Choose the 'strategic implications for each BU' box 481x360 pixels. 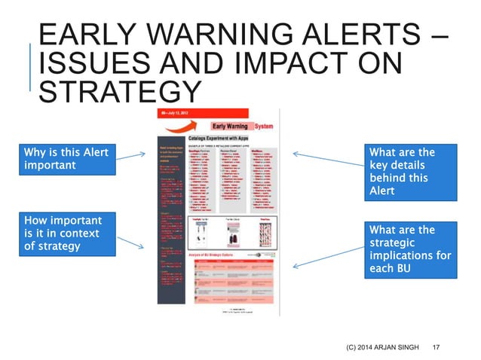coord(409,249)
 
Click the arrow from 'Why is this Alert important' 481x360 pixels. coord(132,156)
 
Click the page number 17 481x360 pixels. coord(435,346)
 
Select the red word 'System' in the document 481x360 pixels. coord(265,126)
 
